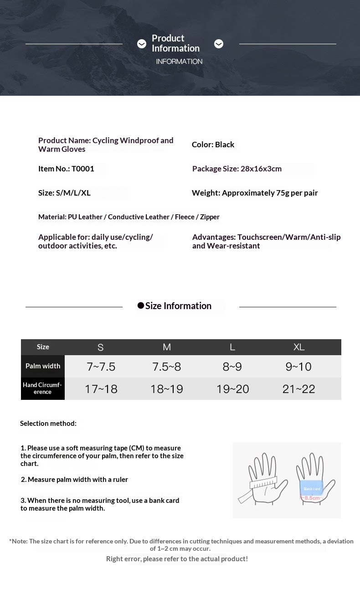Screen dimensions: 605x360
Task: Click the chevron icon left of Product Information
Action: pos(142,44)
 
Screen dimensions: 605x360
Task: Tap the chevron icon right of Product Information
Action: pos(219,44)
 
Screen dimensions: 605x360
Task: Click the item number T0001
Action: pos(66,169)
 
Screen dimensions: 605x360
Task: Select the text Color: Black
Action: pos(213,145)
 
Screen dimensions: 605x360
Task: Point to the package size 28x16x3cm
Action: pos(237,169)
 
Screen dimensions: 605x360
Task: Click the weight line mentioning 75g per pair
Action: pos(255,193)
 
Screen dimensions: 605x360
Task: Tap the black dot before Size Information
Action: pos(141,305)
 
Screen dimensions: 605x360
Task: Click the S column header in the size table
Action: pos(101,347)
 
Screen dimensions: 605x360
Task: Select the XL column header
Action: pos(299,347)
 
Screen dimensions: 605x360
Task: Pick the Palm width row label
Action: pos(43,366)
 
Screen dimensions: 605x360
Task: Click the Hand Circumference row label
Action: pos(42,388)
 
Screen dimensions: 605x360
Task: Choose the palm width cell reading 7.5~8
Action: pos(167,367)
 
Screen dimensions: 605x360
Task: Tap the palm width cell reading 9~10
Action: pos(298,367)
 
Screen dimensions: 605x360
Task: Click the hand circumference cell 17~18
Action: pos(101,389)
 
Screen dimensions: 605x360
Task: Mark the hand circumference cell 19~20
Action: pos(232,389)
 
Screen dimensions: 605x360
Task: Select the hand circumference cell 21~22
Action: pos(298,389)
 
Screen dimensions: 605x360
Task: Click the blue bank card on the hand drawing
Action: pos(312,488)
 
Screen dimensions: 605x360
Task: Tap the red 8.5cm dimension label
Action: pos(312,498)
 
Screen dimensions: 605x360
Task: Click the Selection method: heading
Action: pos(48,424)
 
